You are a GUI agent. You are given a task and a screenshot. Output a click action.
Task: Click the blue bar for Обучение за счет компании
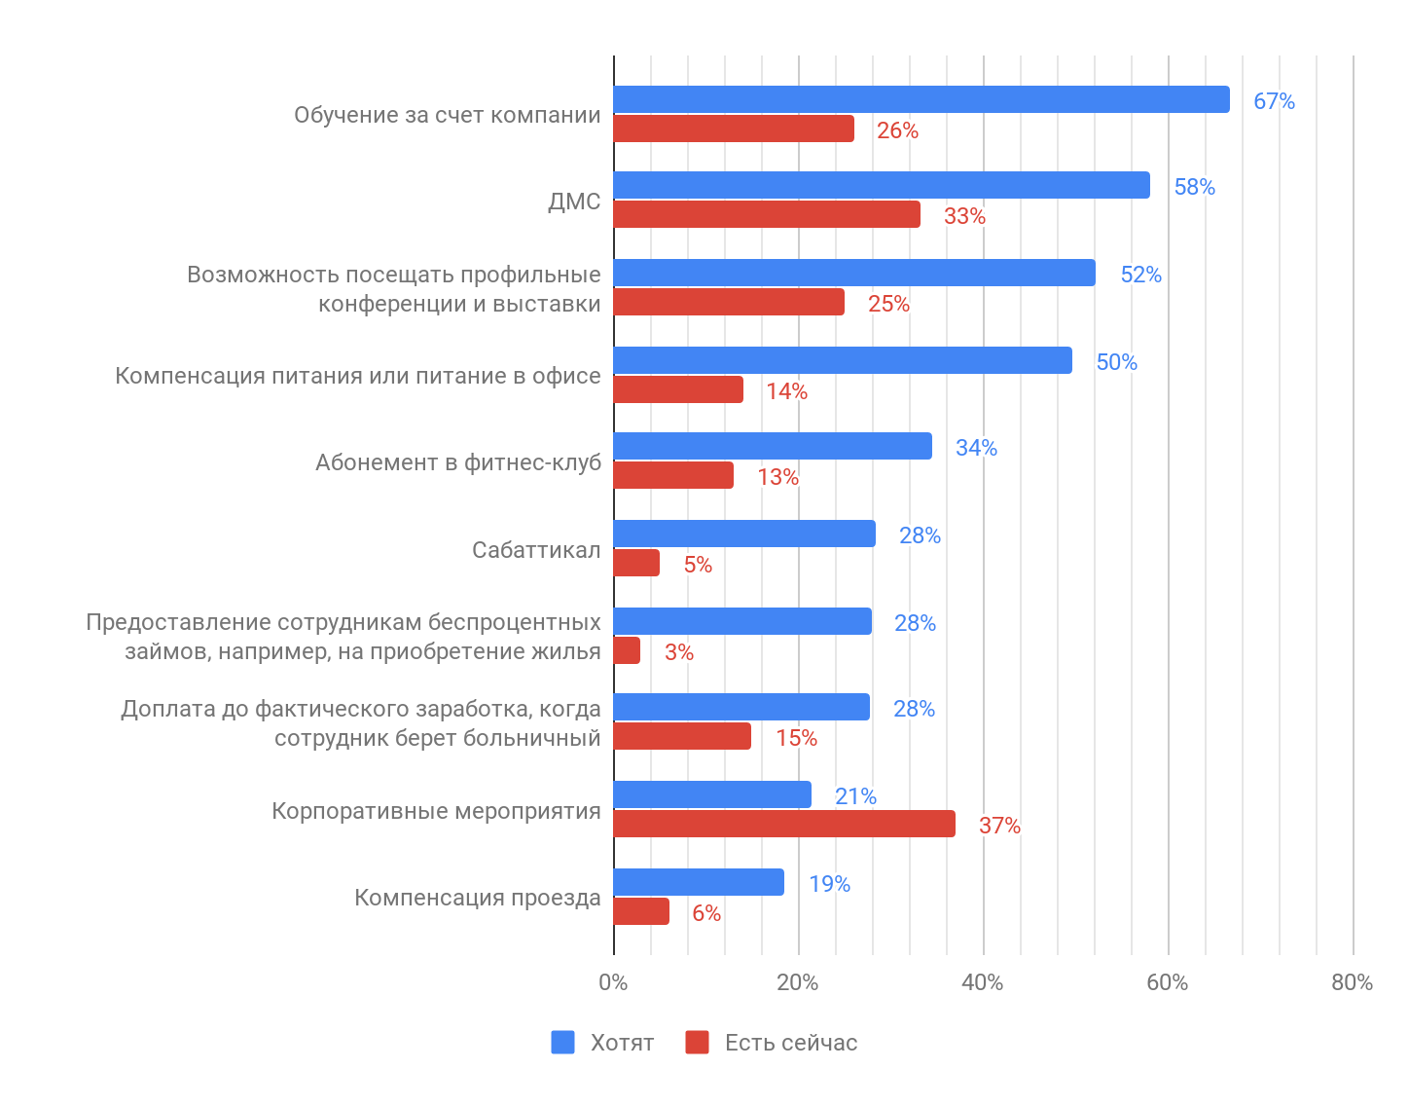(x=921, y=99)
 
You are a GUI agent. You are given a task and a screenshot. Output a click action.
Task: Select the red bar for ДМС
(x=767, y=214)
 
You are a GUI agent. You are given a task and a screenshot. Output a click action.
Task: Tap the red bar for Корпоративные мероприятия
(x=784, y=824)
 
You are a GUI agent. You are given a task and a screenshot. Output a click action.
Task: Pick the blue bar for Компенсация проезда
(x=699, y=882)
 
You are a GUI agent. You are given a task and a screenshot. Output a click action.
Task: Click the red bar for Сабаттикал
(x=636, y=563)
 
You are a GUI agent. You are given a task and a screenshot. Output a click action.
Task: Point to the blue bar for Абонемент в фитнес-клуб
(x=773, y=446)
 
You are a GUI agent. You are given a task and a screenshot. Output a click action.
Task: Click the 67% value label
(x=1274, y=101)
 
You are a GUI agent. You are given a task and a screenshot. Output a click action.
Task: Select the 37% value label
(x=999, y=826)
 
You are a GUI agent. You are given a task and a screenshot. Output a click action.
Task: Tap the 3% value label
(x=679, y=652)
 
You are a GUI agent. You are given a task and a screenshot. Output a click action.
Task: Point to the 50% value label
(x=1116, y=362)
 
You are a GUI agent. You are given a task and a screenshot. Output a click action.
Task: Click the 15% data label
(x=796, y=738)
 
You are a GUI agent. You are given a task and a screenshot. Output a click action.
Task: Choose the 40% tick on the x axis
(x=982, y=982)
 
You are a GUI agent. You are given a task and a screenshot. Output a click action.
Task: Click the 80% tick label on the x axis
(x=1352, y=982)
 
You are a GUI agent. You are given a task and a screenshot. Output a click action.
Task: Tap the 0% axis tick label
(x=613, y=982)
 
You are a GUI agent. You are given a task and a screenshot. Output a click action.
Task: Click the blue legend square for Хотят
(x=562, y=1042)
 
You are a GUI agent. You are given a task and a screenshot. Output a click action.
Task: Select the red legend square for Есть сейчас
(x=697, y=1042)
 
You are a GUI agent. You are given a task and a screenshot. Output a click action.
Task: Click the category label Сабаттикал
(x=536, y=550)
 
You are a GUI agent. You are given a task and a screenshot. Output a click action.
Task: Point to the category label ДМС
(x=574, y=202)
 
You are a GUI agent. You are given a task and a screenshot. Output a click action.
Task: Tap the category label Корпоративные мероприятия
(x=436, y=811)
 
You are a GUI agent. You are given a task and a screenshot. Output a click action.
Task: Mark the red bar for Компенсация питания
(x=678, y=389)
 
